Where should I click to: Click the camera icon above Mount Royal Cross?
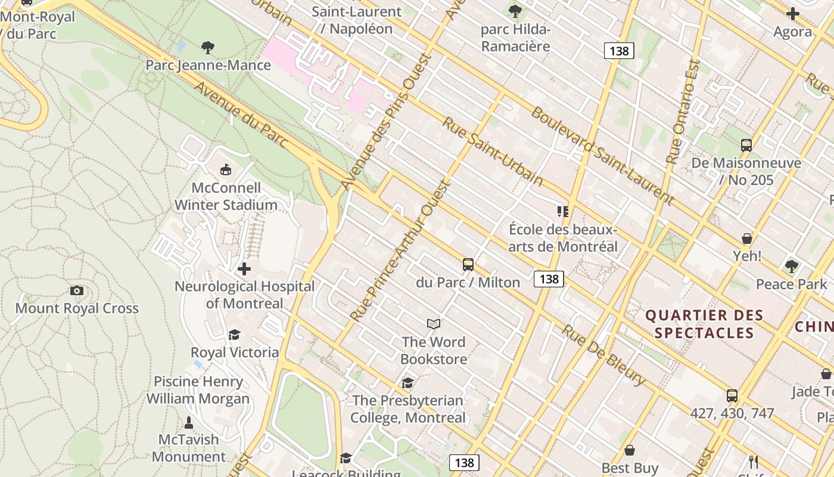pyautogui.click(x=77, y=290)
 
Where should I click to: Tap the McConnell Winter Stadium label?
pyautogui.click(x=226, y=196)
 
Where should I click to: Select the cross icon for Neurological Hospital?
pyautogui.click(x=244, y=269)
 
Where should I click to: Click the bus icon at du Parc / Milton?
pyautogui.click(x=468, y=264)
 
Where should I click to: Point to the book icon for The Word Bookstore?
pyautogui.click(x=434, y=324)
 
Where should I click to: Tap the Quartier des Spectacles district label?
pyautogui.click(x=704, y=324)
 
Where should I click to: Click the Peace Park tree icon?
pyautogui.click(x=791, y=266)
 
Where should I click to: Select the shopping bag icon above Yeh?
pyautogui.click(x=747, y=238)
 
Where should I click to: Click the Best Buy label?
pyautogui.click(x=630, y=467)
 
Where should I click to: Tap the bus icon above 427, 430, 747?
pyautogui.click(x=732, y=395)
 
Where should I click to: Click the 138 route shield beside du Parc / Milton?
pyautogui.click(x=549, y=278)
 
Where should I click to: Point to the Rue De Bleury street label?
pyautogui.click(x=603, y=355)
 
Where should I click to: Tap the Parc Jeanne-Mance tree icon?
pyautogui.click(x=207, y=47)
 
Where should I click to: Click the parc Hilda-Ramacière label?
pyautogui.click(x=515, y=38)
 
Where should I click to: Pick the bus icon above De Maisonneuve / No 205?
pyautogui.click(x=746, y=145)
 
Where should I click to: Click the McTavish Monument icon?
pyautogui.click(x=189, y=423)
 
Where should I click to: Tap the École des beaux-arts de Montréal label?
pyautogui.click(x=563, y=238)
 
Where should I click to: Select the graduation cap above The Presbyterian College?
pyautogui.click(x=407, y=383)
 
